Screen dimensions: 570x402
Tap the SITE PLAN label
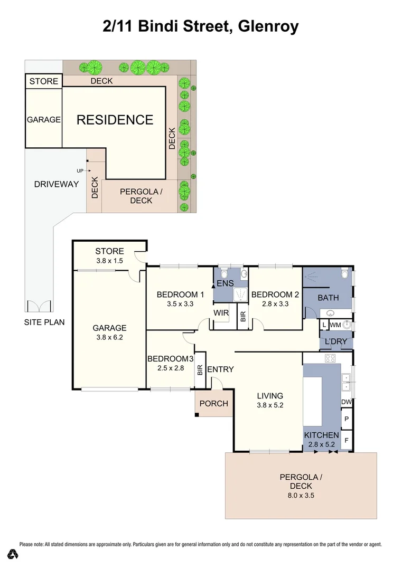tap(44, 322)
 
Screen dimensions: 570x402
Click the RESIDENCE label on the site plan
tap(115, 120)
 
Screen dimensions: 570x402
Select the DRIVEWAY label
tap(56, 184)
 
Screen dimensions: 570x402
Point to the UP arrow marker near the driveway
tap(83, 170)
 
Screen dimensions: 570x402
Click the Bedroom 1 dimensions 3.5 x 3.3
tap(180, 304)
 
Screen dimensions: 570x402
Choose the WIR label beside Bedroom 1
tap(221, 313)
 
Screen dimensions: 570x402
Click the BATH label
tap(328, 298)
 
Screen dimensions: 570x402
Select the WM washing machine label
tap(335, 325)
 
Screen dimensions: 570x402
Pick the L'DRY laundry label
tap(336, 341)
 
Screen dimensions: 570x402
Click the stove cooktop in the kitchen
tap(330, 358)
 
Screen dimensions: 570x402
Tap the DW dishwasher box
tap(347, 403)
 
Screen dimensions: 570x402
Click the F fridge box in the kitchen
tap(347, 440)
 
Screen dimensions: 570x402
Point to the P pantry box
tap(347, 421)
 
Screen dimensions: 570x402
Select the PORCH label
tap(214, 404)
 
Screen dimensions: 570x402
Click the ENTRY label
tap(220, 369)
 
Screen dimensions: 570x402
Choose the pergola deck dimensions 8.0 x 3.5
tap(301, 496)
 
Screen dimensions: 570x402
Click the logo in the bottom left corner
tap(13, 554)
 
